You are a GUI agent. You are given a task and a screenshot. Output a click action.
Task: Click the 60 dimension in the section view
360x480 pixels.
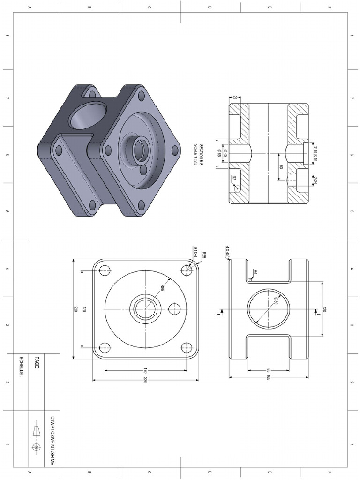[281, 167]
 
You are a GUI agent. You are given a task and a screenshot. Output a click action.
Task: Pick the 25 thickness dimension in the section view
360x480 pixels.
[234, 97]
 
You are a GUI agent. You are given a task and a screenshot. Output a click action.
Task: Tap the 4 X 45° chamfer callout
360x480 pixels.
[227, 251]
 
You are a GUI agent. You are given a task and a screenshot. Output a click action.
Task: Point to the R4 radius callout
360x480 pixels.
[255, 272]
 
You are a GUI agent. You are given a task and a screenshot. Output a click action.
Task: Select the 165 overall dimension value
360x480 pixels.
[269, 377]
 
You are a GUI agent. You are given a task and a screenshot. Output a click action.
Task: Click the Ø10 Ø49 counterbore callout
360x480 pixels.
[315, 154]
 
